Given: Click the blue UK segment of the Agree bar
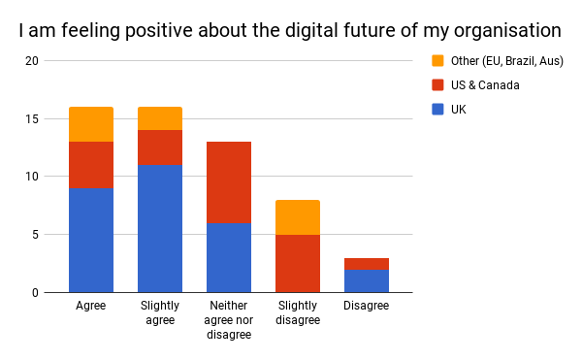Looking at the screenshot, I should click(91, 240).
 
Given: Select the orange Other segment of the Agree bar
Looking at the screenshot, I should click(91, 124).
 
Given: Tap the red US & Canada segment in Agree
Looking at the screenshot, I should click(91, 165).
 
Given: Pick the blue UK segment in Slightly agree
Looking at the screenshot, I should click(160, 228).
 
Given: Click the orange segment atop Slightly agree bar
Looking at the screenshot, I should click(160, 118).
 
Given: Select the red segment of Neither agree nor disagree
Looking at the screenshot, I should click(229, 182).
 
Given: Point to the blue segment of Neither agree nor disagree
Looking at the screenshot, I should click(229, 257).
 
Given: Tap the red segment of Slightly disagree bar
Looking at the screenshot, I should click(298, 263).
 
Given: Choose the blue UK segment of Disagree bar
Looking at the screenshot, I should click(367, 280).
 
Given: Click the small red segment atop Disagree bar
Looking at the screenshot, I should click(367, 263).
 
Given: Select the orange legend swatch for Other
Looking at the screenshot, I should click(437, 61).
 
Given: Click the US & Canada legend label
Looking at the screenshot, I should click(485, 85).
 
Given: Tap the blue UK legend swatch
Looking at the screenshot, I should click(437, 110).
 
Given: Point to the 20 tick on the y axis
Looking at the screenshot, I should click(32, 61).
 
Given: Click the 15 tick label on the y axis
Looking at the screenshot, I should click(32, 119).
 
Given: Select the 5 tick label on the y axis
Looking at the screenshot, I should click(35, 235).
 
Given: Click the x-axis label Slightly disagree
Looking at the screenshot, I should click(298, 313).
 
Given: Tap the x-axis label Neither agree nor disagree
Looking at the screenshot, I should click(229, 320).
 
